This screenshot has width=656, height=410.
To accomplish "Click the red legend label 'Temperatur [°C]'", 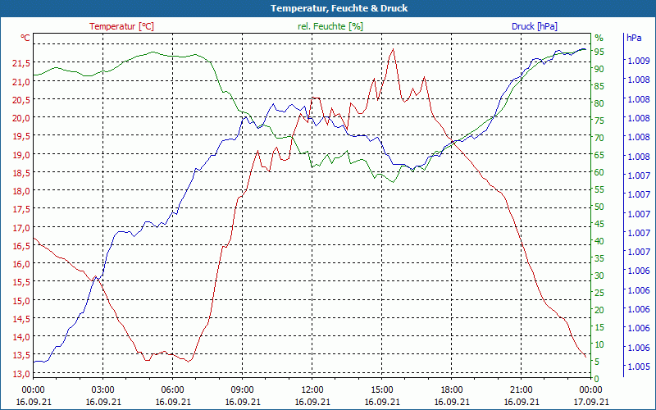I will pyautogui.click(x=121, y=26).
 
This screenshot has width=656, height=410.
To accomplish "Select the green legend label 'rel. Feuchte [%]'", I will pyautogui.click(x=330, y=26).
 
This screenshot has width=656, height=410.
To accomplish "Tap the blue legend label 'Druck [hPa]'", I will pyautogui.click(x=534, y=26).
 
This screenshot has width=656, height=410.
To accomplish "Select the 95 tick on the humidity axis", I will pyautogui.click(x=599, y=52).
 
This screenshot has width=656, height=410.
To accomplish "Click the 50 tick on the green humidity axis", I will pyautogui.click(x=599, y=207).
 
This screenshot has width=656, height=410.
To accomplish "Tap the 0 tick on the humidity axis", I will pyautogui.click(x=597, y=378).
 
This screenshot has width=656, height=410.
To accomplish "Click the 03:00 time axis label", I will pyautogui.click(x=102, y=389).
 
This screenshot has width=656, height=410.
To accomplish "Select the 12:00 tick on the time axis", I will pyautogui.click(x=312, y=389).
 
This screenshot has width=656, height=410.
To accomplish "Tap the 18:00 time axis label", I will pyautogui.click(x=452, y=389).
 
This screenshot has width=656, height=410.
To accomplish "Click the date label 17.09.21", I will pyautogui.click(x=590, y=402).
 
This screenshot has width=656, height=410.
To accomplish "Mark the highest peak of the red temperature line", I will pyautogui.click(x=394, y=48).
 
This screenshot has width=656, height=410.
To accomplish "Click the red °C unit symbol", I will pyautogui.click(x=25, y=38).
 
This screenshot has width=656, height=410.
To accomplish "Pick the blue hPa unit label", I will pyautogui.click(x=634, y=38).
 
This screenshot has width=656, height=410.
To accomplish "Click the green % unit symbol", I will pyautogui.click(x=599, y=38).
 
